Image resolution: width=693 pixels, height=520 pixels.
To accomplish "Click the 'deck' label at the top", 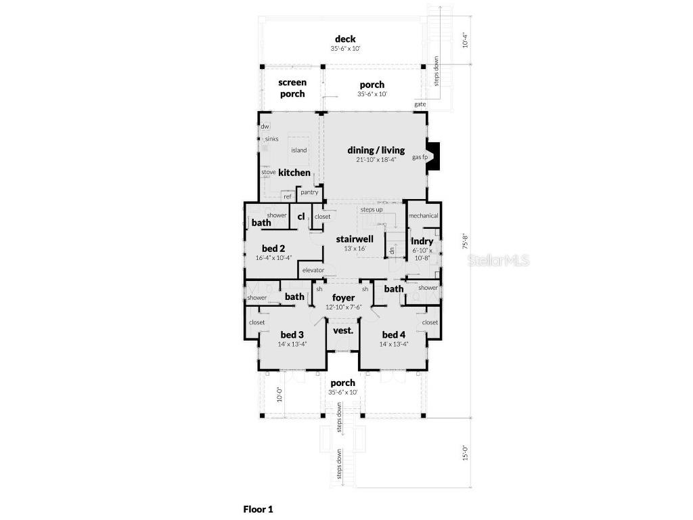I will [344, 39].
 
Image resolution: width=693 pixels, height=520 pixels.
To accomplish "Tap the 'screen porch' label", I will [292, 88].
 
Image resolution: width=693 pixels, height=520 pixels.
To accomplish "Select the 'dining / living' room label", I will [376, 150].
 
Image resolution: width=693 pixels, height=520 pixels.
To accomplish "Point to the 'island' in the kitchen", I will [298, 150].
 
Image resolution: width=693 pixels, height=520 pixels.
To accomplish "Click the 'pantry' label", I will [309, 192].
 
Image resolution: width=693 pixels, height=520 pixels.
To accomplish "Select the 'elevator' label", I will [313, 270].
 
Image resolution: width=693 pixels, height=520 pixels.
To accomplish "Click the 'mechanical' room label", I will [424, 215].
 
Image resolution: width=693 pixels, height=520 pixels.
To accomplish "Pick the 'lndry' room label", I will [422, 241].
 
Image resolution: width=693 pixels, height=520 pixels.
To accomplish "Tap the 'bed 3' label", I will [292, 334].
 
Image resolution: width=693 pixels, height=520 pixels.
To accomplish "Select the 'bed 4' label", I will [393, 334].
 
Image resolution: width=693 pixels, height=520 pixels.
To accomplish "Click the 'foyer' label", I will [343, 298].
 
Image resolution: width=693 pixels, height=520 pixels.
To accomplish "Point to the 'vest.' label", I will [342, 331].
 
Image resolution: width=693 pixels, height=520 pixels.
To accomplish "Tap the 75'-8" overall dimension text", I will [464, 242].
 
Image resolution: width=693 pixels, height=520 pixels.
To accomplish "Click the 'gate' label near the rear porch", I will [420, 104].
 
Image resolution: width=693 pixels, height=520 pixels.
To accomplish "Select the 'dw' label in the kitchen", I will [265, 126].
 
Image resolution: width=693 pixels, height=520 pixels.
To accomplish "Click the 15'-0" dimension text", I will [465, 453].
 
